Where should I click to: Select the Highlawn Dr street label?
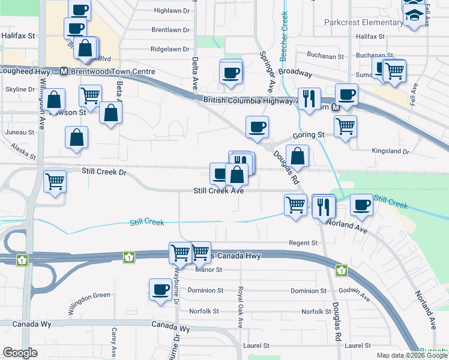pyautogui.click(x=171, y=11)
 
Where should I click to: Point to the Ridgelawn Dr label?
pyautogui.click(x=170, y=49)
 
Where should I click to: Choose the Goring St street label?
pyautogui.click(x=309, y=136)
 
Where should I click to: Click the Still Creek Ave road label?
pyautogui.click(x=218, y=191)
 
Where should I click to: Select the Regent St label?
pyautogui.click(x=303, y=243)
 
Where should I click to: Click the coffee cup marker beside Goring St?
pyautogui.click(x=257, y=127)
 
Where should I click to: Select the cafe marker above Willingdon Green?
pyautogui.click(x=160, y=290)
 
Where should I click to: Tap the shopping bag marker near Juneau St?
pyautogui.click(x=77, y=137)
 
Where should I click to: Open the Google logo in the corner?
pyautogui.click(x=20, y=353)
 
